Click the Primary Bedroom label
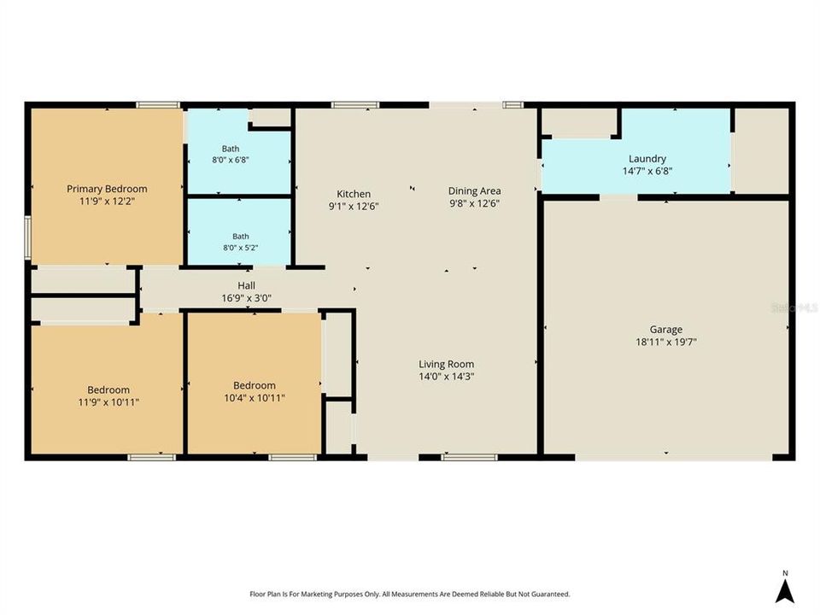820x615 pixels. pyautogui.click(x=107, y=189)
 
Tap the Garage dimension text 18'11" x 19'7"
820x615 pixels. pyautogui.click(x=665, y=342)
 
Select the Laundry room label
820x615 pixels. pyautogui.click(x=647, y=159)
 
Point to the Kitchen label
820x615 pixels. pyautogui.click(x=354, y=194)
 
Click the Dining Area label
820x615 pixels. pyautogui.click(x=474, y=190)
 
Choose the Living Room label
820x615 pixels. pyautogui.click(x=446, y=364)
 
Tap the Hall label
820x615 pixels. pyautogui.click(x=246, y=285)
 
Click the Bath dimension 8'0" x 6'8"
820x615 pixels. pyautogui.click(x=230, y=160)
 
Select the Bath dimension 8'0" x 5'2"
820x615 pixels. pyautogui.click(x=241, y=248)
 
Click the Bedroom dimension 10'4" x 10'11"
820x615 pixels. pyautogui.click(x=255, y=398)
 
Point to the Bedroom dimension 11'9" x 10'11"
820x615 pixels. pyautogui.click(x=108, y=402)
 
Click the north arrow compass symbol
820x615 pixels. pyautogui.click(x=784, y=592)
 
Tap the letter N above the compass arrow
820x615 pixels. pyautogui.click(x=785, y=573)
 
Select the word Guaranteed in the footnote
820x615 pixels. pyautogui.click(x=551, y=594)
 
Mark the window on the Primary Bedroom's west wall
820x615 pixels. pyautogui.click(x=27, y=238)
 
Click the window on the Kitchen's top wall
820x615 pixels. pyautogui.click(x=355, y=105)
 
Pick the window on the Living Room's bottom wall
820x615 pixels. pyautogui.click(x=469, y=458)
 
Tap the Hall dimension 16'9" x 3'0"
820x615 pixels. pyautogui.click(x=246, y=299)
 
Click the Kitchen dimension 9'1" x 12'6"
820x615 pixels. pyautogui.click(x=354, y=206)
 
